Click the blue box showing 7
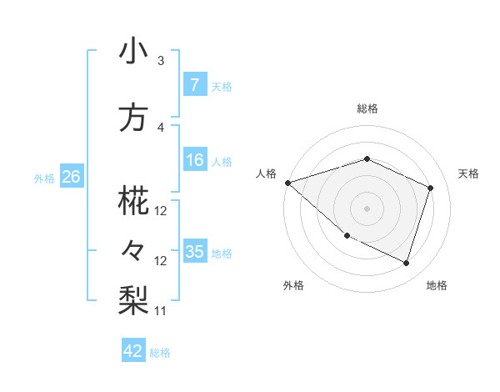194,84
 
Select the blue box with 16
194,160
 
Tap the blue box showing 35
194,252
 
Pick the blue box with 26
71,177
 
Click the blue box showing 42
133,351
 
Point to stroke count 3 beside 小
161,61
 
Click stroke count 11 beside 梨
161,311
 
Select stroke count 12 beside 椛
161,211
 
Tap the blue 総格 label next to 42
160,353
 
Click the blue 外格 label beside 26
44,178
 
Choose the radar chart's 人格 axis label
266,173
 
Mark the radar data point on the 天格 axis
431,188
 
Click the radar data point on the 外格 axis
347,235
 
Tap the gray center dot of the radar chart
367,208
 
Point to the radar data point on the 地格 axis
406,264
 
